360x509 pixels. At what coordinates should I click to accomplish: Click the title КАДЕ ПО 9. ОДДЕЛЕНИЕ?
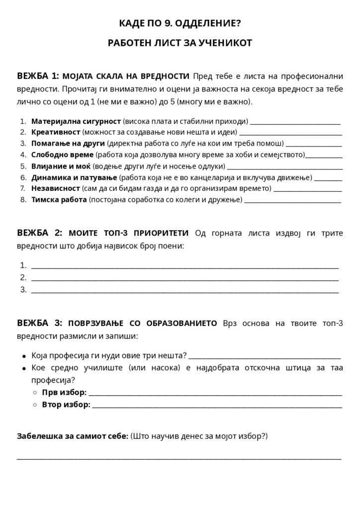[180, 23]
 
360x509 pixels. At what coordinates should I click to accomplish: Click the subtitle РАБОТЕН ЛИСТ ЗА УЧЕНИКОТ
[180, 43]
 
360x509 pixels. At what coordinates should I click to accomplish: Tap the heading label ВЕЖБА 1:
[38, 76]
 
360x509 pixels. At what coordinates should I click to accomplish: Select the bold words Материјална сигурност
[76, 121]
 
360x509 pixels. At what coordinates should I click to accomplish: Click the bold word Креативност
[56, 132]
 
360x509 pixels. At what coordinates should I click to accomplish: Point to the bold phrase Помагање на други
[68, 144]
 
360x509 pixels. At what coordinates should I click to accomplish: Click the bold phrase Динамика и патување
[74, 177]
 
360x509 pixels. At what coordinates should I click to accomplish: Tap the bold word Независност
[56, 188]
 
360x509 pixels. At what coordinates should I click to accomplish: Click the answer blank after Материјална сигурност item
[295, 122]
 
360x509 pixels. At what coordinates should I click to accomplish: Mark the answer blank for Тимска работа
[293, 201]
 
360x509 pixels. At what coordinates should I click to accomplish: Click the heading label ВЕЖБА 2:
[39, 233]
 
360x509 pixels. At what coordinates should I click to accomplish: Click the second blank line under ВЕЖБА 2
[184, 279]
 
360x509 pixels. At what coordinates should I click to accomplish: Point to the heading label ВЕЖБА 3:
[39, 324]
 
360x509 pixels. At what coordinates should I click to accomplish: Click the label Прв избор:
[64, 393]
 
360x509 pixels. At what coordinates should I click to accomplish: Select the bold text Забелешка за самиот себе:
[73, 436]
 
